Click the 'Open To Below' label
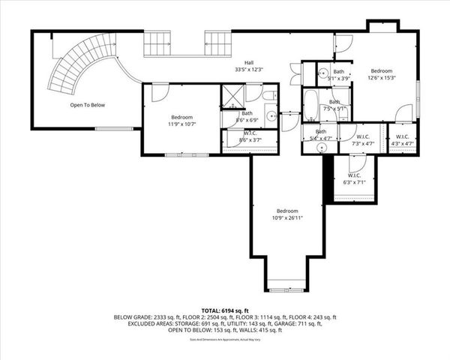coord(88,105)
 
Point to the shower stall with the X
coord(231,95)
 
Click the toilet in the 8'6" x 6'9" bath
coord(268,96)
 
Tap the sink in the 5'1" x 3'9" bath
coord(322,73)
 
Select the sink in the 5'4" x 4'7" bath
coord(322,148)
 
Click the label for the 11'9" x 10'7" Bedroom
coord(181,121)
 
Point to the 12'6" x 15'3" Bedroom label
coord(381,74)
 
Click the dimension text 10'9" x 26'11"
coord(287,218)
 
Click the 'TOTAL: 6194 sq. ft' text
coord(225,309)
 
